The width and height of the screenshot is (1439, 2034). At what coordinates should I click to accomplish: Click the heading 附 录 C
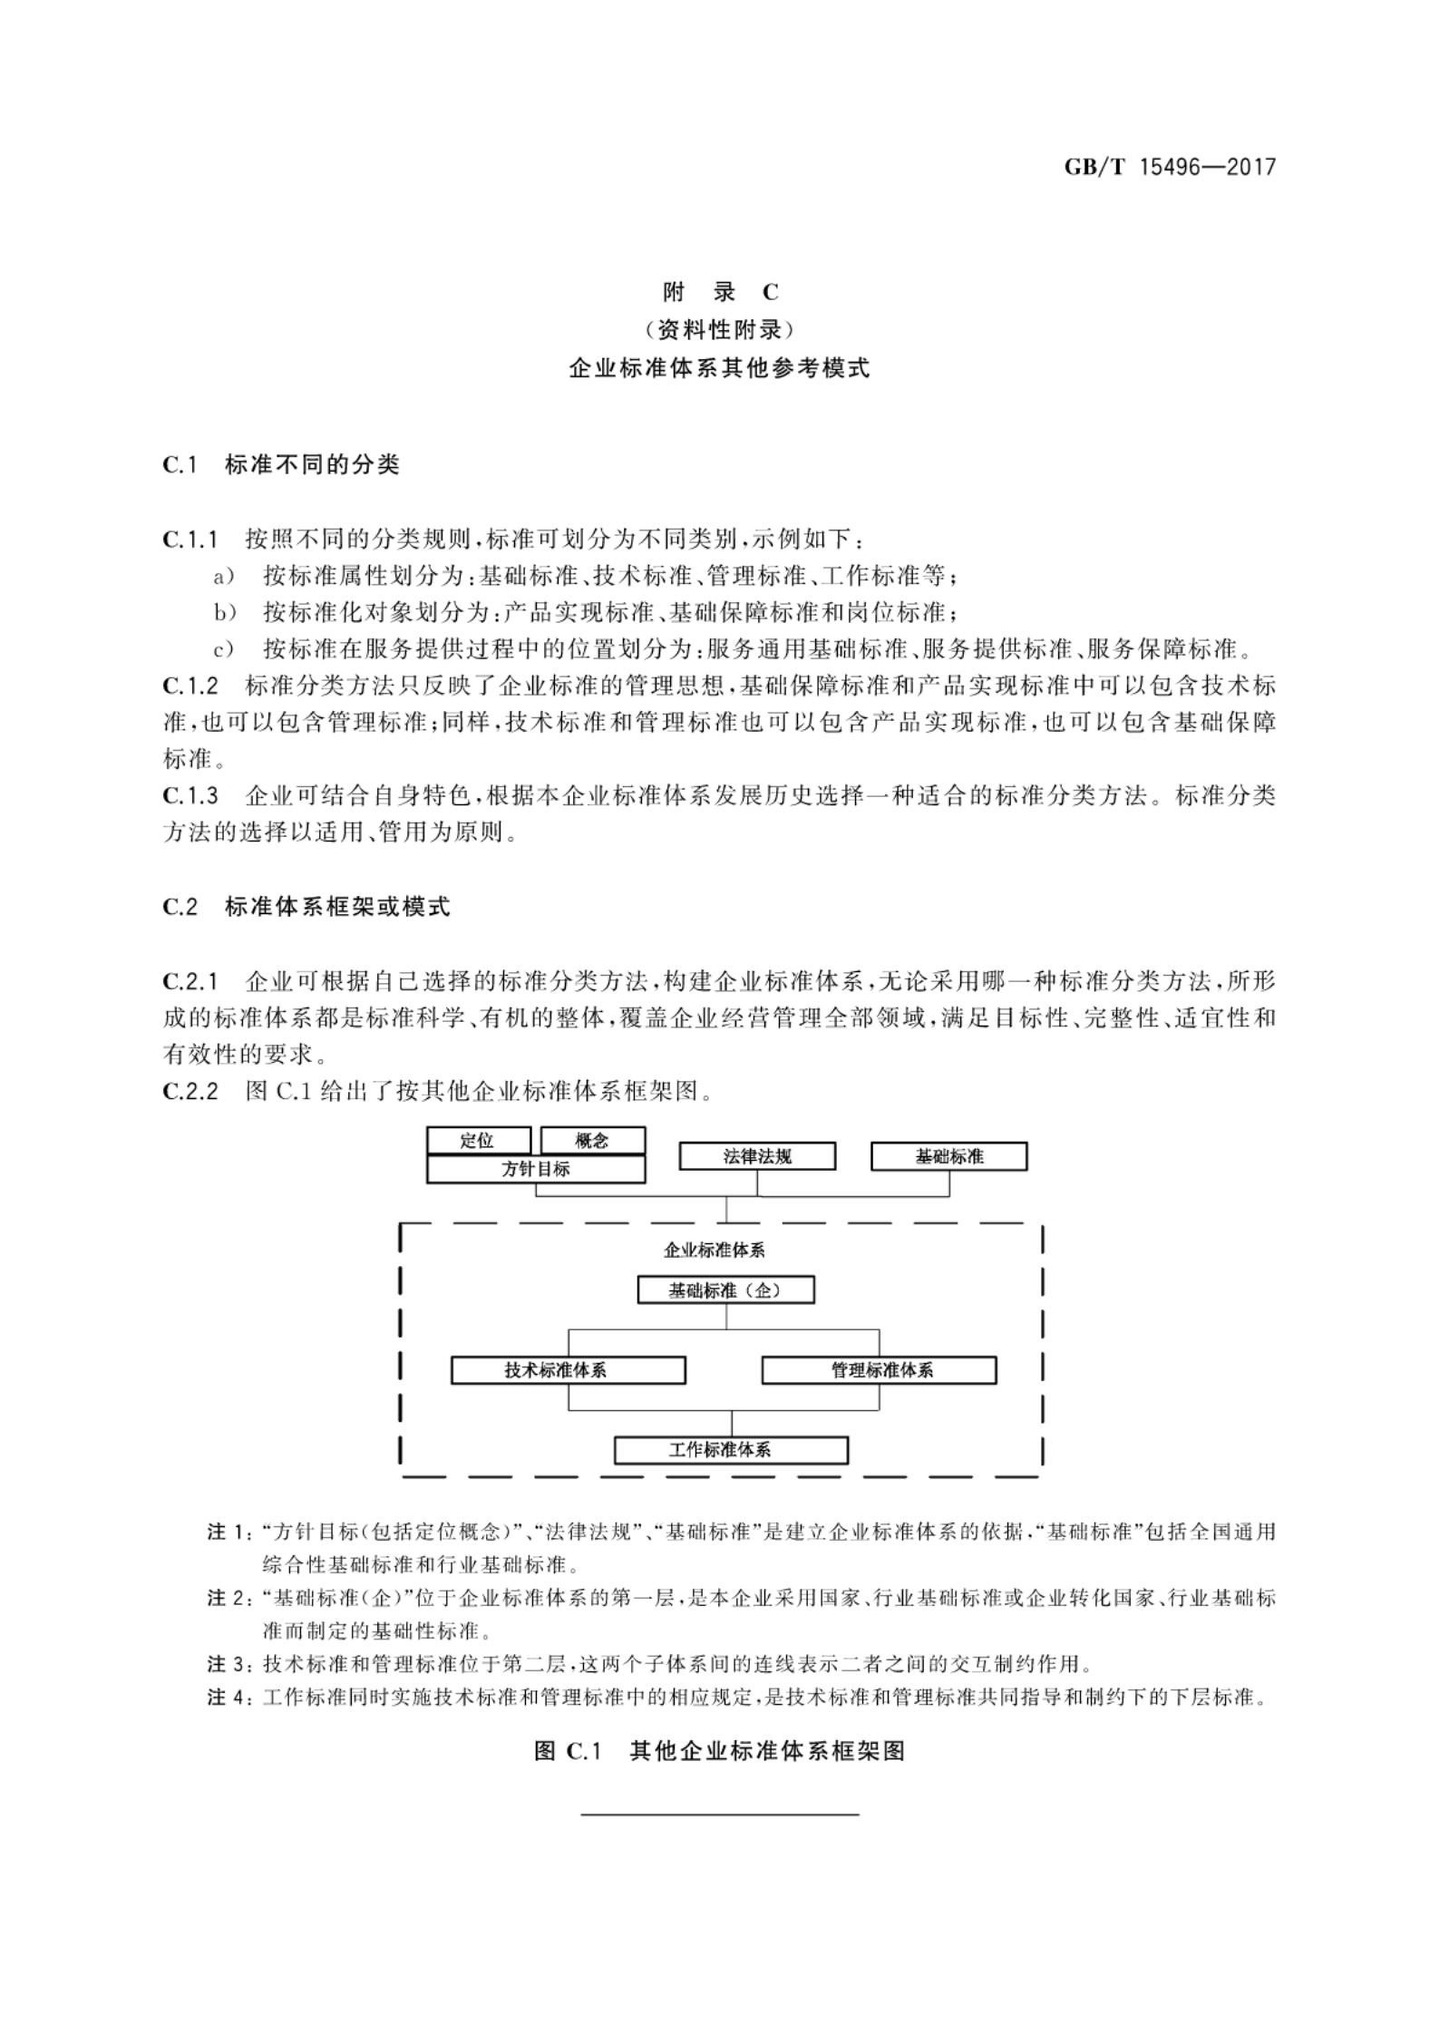pyautogui.click(x=720, y=292)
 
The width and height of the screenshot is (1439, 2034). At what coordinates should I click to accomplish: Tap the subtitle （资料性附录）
pyautogui.click(x=720, y=329)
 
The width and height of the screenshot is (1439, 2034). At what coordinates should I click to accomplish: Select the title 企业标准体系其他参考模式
pyautogui.click(x=720, y=368)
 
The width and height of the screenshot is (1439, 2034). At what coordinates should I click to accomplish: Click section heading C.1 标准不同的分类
pyautogui.click(x=281, y=465)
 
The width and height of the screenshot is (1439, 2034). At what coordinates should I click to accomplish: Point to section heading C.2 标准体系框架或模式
pyautogui.click(x=306, y=907)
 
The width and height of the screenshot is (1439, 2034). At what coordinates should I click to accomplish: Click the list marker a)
pyautogui.click(x=223, y=577)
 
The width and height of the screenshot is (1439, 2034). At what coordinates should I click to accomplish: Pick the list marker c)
pyautogui.click(x=223, y=650)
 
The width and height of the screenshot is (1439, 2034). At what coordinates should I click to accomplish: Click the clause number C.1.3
pyautogui.click(x=191, y=796)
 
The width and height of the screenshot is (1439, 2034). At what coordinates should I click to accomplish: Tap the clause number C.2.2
pyautogui.click(x=191, y=1091)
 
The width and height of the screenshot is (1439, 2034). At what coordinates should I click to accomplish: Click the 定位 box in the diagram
pyautogui.click(x=478, y=1141)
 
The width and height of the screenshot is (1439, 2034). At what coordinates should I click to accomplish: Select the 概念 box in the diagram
pyautogui.click(x=592, y=1141)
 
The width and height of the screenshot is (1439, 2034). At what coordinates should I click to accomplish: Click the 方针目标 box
pyautogui.click(x=536, y=1170)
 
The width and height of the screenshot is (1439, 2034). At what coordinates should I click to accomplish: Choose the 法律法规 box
pyautogui.click(x=757, y=1156)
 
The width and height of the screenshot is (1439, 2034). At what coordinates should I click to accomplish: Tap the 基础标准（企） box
pyautogui.click(x=725, y=1289)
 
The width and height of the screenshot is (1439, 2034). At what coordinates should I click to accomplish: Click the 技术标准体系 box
pyautogui.click(x=568, y=1370)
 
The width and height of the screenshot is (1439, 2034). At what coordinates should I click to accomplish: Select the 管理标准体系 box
pyautogui.click(x=879, y=1370)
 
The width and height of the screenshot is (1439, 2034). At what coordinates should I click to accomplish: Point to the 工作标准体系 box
pyautogui.click(x=731, y=1450)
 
